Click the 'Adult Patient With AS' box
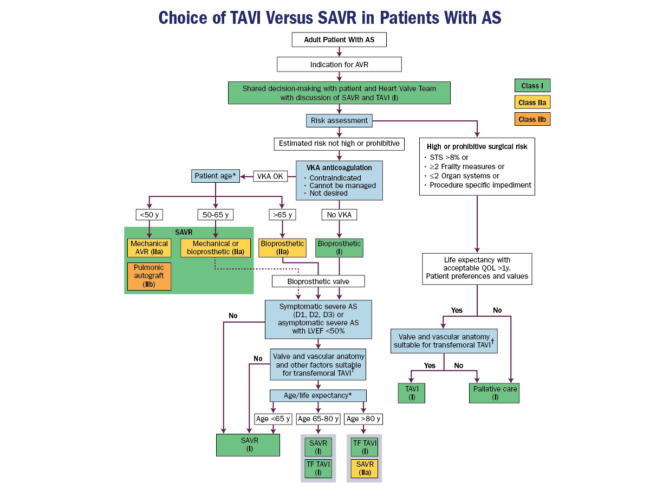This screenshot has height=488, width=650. click(x=339, y=40)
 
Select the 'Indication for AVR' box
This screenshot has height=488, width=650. click(x=339, y=65)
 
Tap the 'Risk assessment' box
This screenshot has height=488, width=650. click(x=339, y=120)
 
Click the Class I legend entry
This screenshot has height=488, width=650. click(x=532, y=86)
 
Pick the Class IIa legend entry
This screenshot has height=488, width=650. click(x=532, y=102)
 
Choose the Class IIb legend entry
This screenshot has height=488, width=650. click(x=532, y=119)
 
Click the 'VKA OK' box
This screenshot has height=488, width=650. click(x=270, y=176)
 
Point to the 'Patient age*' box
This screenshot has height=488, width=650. click(x=215, y=176)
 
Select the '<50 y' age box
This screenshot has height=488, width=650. click(x=149, y=215)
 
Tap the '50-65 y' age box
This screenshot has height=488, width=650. click(x=215, y=215)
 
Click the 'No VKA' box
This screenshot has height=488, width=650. click(x=339, y=215)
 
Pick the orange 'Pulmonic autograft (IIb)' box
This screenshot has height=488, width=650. click(x=149, y=277)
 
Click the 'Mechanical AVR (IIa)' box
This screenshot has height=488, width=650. click(x=149, y=248)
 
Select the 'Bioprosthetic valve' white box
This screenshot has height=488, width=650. click(x=318, y=281)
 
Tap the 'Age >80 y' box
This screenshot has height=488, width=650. click(x=363, y=419)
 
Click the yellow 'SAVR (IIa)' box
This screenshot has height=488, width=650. click(x=363, y=468)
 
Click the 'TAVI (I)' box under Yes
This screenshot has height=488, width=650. click(x=411, y=393)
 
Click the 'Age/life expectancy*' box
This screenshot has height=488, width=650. click(x=318, y=395)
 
